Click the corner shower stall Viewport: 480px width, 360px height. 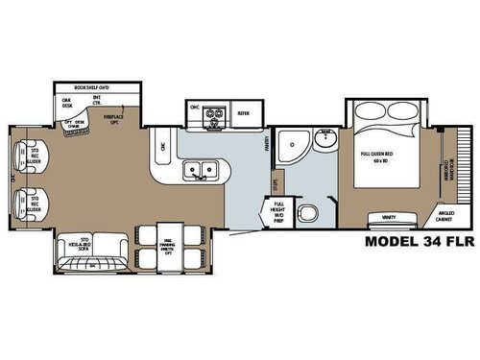click(290, 147)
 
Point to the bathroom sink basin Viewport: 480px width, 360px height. click(326, 135)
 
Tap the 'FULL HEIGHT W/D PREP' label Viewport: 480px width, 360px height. click(279, 210)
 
